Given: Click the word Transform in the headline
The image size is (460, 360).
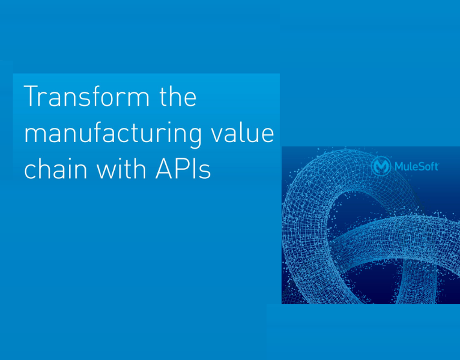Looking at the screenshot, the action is tap(86, 96).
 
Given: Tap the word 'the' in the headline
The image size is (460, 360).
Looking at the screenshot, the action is tap(178, 96).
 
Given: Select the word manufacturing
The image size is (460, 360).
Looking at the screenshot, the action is tap(113, 134).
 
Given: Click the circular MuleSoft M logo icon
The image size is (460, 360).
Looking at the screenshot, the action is tap(381, 166).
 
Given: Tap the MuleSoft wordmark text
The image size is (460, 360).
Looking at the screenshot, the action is tap(417, 167).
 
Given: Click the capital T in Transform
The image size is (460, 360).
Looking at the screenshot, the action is tap(31, 96).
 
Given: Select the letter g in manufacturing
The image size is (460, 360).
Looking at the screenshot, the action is tap(193, 138).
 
